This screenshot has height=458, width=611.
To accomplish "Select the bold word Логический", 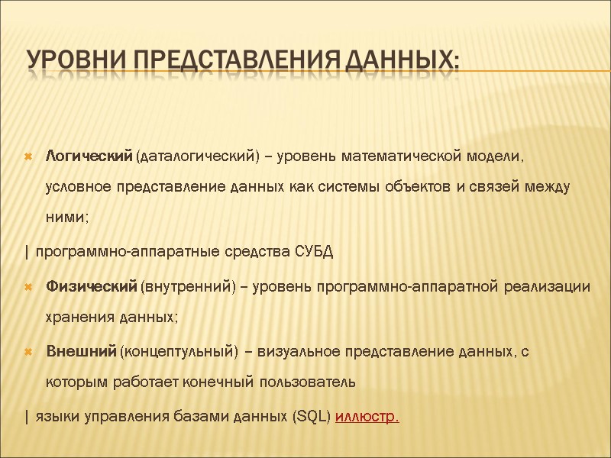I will coord(89,156).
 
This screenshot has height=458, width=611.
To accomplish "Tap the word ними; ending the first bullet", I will coord(67,217).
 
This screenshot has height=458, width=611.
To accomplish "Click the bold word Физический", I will coord(90,286).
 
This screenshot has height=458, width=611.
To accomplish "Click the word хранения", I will coord(77,316).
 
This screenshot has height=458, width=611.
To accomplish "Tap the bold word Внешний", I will coord(80,350).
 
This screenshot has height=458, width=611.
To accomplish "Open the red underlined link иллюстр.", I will coord(367,417).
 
